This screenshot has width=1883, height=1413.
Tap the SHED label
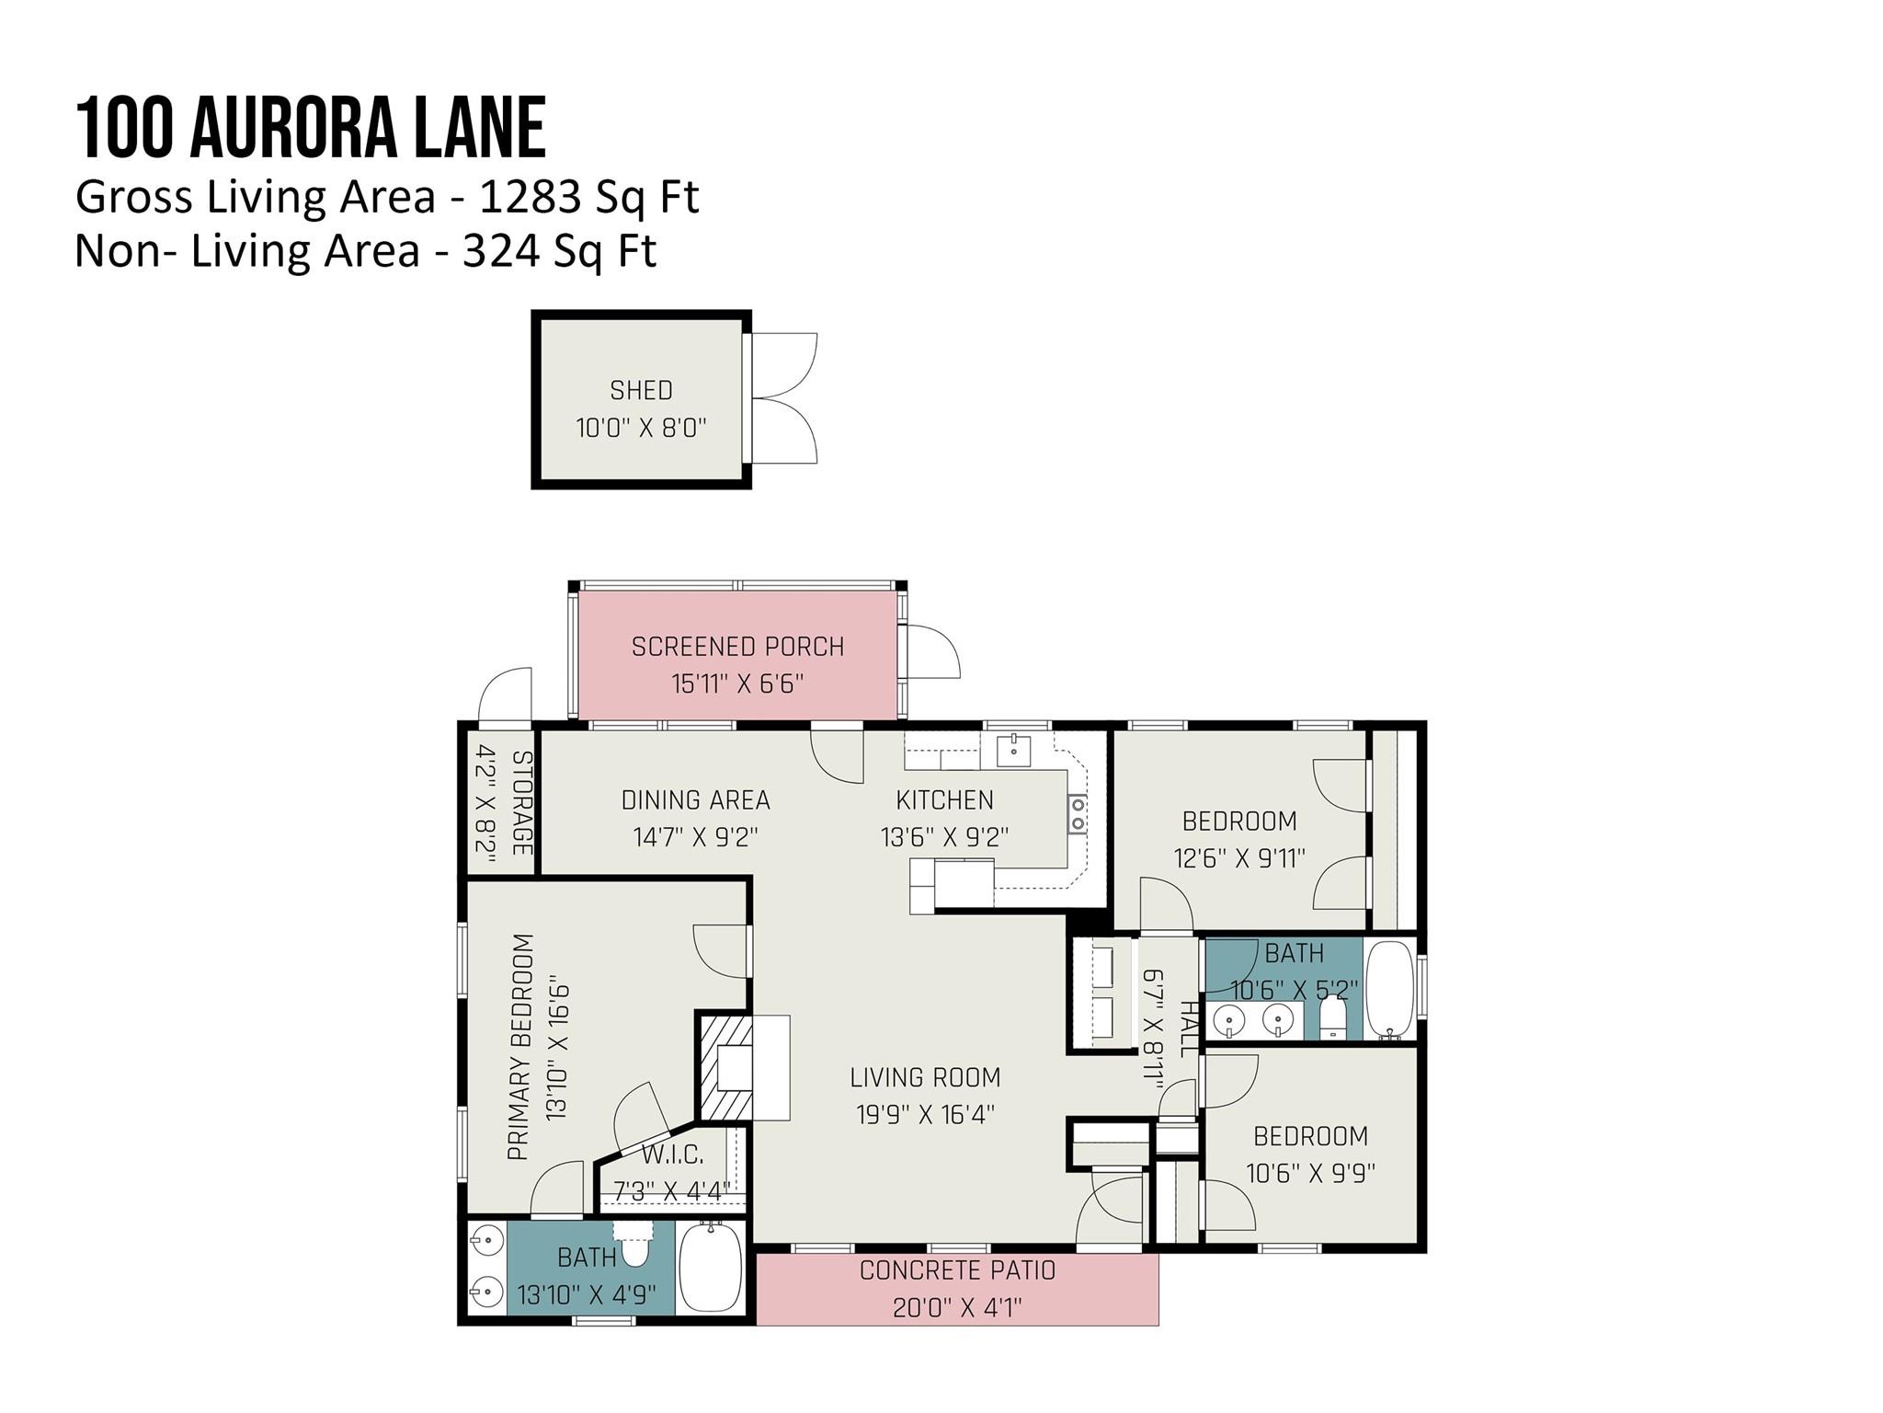click(641, 390)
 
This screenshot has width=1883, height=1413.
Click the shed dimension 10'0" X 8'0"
click(641, 428)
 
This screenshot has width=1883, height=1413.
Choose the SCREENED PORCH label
click(737, 647)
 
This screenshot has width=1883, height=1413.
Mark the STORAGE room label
click(521, 803)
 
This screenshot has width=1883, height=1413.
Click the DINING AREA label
click(695, 800)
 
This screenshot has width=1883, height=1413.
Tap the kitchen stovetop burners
click(1077, 814)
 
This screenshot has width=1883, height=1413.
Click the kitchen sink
click(1013, 750)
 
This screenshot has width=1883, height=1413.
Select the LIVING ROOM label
click(924, 1077)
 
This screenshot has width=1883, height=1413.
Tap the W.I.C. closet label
click(672, 1155)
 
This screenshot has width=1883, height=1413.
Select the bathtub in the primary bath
click(710, 1270)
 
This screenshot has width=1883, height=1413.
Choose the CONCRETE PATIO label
click(957, 1270)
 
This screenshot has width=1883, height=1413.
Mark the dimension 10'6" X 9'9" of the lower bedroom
click(1310, 1174)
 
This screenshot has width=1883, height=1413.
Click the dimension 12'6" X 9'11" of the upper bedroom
click(1239, 858)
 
